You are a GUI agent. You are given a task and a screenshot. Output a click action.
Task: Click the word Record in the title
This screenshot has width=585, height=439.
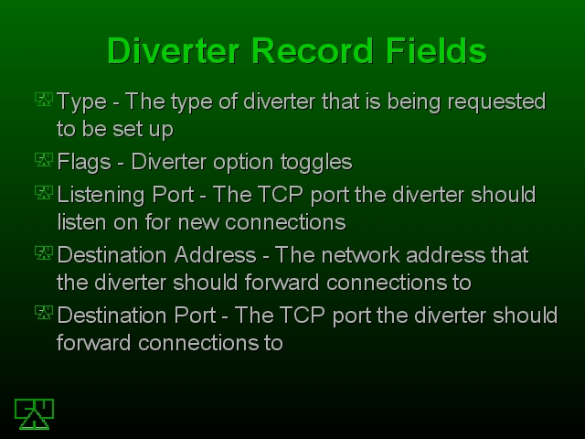(313, 51)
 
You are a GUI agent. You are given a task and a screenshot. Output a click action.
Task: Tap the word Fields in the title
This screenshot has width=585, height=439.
(436, 51)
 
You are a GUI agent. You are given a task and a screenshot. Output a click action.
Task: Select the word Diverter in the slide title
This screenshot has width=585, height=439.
(173, 51)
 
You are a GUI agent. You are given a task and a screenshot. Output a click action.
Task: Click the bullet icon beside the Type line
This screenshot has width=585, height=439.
(44, 100)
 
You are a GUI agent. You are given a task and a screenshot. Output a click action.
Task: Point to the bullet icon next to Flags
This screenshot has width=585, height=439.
(44, 159)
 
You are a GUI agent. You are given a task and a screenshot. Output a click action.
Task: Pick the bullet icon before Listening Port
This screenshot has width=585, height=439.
(44, 193)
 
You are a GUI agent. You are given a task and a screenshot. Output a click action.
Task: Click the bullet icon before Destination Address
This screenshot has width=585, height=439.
(44, 252)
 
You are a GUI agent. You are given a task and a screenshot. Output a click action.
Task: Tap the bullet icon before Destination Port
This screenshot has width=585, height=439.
(44, 313)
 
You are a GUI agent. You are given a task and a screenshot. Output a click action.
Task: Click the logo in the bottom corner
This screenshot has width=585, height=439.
(34, 414)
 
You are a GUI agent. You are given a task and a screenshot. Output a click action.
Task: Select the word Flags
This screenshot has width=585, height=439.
(84, 163)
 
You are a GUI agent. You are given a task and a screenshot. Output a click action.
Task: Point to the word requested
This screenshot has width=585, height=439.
(496, 102)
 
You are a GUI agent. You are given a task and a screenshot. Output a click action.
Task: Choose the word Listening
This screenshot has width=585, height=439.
(101, 196)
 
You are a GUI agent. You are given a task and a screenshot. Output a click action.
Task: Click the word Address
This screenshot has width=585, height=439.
(216, 255)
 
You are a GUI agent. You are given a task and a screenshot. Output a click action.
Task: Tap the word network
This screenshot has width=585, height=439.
(360, 255)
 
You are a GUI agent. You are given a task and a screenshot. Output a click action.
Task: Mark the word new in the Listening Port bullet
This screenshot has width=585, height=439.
(198, 223)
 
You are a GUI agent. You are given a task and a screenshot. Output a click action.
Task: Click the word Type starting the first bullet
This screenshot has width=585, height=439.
(81, 102)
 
